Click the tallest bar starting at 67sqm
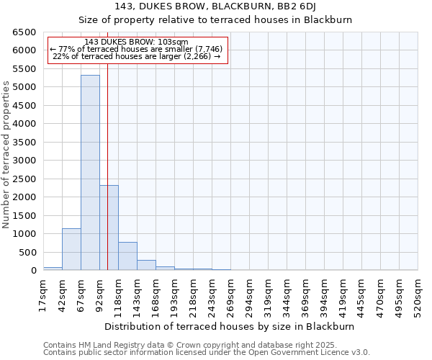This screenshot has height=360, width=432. click(90, 173)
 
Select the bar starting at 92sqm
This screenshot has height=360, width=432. click(109, 228)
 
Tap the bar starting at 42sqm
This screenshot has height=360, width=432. click(71, 249)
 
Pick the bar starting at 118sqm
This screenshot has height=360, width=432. click(127, 256)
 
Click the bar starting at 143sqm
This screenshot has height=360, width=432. click(146, 265)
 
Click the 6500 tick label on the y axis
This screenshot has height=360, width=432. click(24, 32)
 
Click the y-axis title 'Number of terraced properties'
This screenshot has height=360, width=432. click(6, 155)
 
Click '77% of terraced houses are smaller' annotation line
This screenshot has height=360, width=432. click(137, 49)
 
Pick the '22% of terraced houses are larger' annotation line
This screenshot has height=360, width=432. click(137, 56)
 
